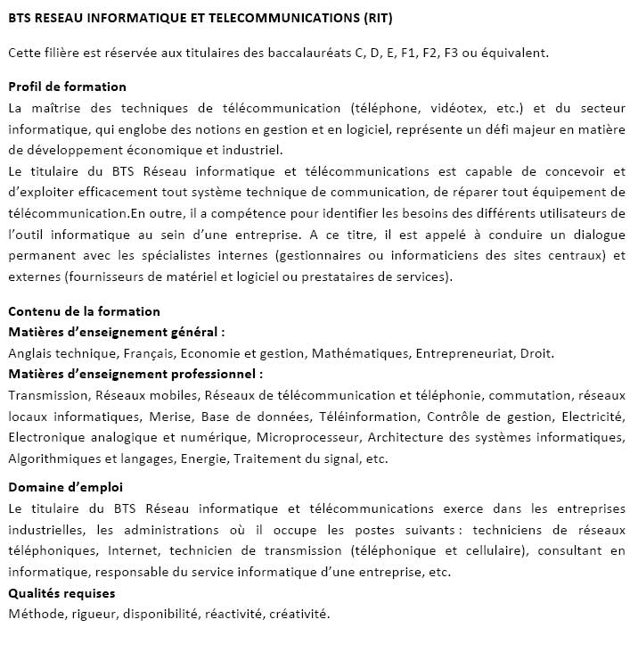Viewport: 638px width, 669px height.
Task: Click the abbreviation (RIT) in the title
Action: [372, 18]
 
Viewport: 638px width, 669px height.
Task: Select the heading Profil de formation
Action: [67, 87]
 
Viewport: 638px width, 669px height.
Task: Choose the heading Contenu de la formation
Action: [84, 311]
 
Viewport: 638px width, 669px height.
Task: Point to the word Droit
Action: [536, 353]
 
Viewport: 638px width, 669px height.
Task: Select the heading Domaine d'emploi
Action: [65, 487]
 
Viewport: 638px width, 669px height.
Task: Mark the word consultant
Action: [568, 550]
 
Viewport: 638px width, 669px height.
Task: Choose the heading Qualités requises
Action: [61, 593]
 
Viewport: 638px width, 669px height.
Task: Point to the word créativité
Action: [298, 614]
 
